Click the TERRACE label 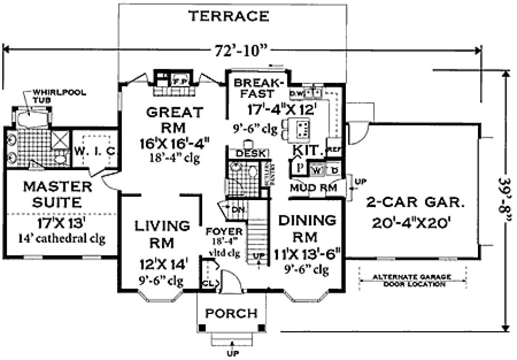228,16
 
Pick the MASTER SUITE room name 57,195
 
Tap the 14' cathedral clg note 61,237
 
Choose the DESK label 248,155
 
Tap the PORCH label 232,313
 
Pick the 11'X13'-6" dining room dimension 308,254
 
